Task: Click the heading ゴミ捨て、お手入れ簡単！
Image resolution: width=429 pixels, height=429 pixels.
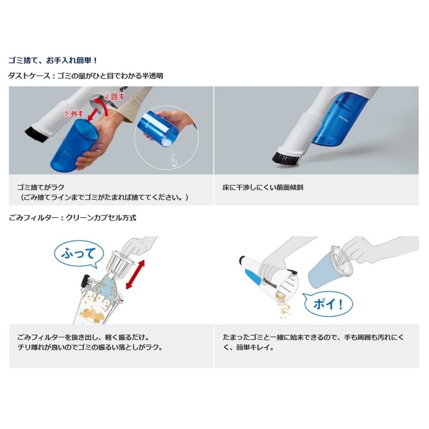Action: pyautogui.click(x=53, y=61)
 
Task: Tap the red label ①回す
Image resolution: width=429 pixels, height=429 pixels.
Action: pyautogui.click(x=114, y=96)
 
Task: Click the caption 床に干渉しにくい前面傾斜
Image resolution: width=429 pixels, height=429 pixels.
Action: pyautogui.click(x=263, y=187)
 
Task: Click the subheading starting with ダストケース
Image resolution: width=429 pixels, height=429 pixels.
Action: pyautogui.click(x=86, y=75)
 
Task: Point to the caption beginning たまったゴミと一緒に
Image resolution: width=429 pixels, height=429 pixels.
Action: pyautogui.click(x=314, y=342)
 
